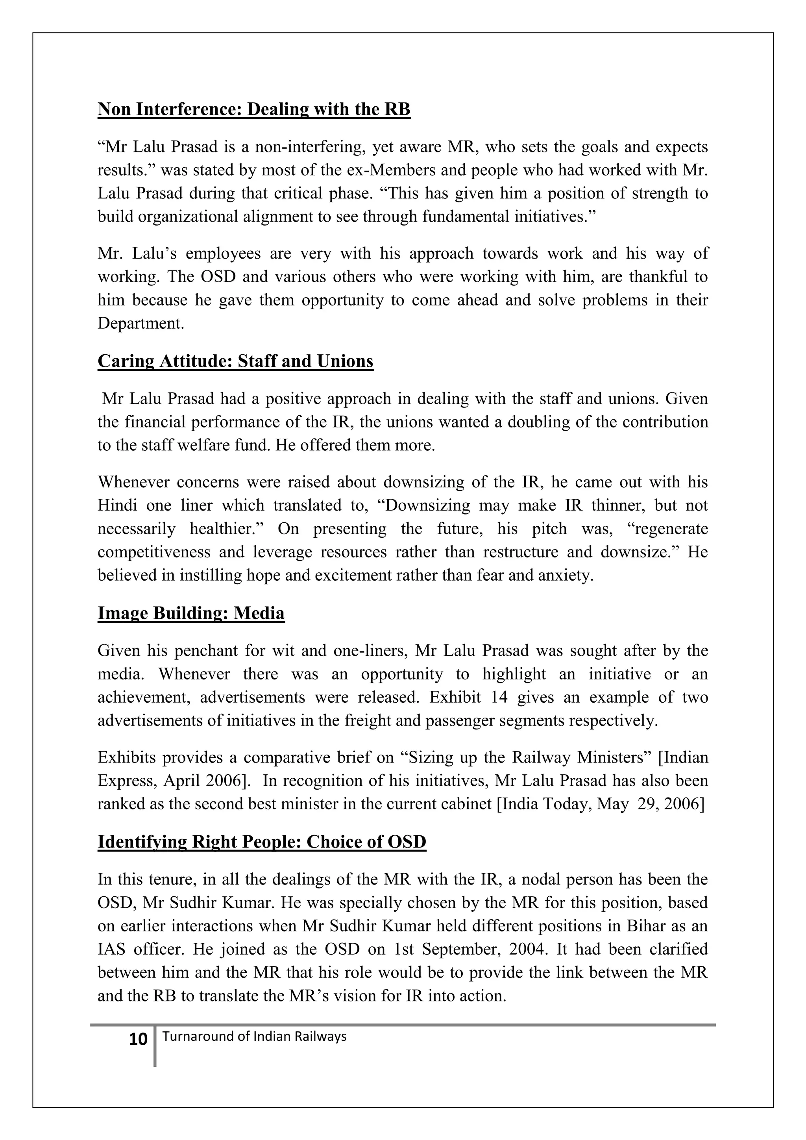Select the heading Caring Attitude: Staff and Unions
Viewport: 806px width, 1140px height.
[x=235, y=361]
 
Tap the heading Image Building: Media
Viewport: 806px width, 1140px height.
[x=191, y=613]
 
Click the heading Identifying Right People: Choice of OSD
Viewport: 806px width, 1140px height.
[x=262, y=842]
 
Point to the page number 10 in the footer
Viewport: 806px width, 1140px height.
[x=138, y=1039]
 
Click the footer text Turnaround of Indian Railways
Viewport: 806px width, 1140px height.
[x=254, y=1036]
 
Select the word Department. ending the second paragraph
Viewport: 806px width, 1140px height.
[x=140, y=323]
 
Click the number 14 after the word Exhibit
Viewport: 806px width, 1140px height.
[x=499, y=697]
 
